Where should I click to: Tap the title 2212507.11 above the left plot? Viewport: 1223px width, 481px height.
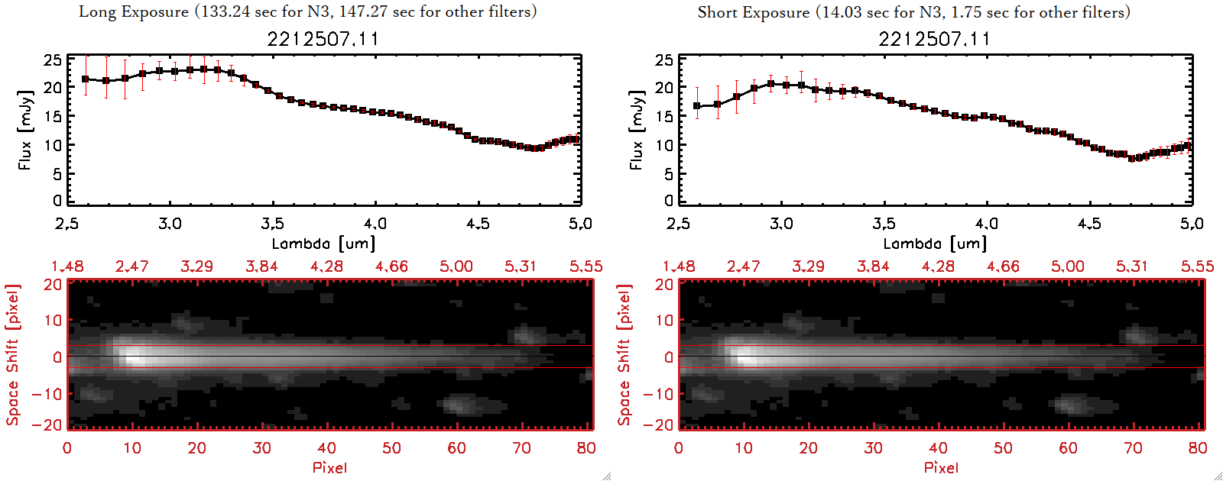coord(323,39)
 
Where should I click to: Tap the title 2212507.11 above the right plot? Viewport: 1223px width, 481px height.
coord(934,39)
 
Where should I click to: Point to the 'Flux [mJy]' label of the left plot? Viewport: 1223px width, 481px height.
coord(25,130)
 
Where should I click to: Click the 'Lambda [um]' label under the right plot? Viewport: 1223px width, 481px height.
coord(935,244)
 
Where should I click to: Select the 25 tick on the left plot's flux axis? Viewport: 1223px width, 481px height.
coord(53,60)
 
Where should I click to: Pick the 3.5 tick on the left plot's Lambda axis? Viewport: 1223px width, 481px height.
coord(272,224)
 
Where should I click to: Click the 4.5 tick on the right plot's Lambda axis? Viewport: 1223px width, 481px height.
coord(1089,224)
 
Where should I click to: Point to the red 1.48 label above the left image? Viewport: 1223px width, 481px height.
coord(67,266)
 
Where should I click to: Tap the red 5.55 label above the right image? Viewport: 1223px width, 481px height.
coord(1197,266)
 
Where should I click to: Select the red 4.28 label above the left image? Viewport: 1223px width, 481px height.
coord(326,266)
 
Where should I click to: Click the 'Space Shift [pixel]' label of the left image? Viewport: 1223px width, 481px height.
coord(12,355)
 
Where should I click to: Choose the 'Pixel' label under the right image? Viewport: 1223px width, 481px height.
coord(941,467)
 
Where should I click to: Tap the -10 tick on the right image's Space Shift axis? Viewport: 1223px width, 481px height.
coord(658,393)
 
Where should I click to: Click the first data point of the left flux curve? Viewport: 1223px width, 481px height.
coord(86,79)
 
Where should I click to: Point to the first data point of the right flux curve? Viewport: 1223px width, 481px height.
coord(697,106)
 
